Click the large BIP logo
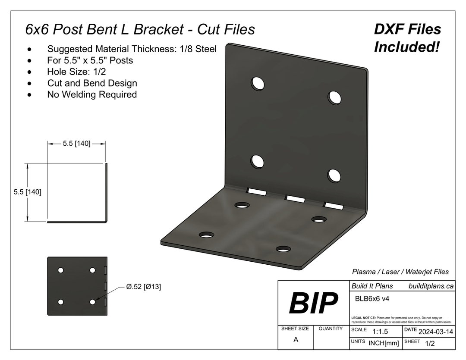tap(313, 303)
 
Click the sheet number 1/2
tap(430, 343)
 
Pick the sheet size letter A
tap(296, 339)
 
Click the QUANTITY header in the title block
tap(331, 329)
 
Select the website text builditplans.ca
tap(431, 285)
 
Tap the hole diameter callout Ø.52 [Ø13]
tap(143, 287)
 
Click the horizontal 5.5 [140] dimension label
tap(76, 144)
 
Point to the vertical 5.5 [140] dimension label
tap(28, 192)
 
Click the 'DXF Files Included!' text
tap(407, 38)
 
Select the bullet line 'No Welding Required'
tap(92, 94)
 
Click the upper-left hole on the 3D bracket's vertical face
tap(258, 83)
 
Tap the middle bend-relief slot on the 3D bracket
tap(294, 198)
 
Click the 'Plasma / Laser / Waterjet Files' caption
tap(400, 272)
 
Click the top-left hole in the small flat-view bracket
tap(61, 270)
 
